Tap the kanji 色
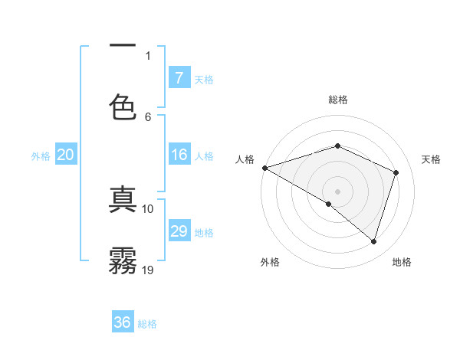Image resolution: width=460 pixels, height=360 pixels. click(x=123, y=107)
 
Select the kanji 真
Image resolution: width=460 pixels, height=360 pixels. click(x=123, y=201)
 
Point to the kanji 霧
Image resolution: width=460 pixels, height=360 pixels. click(x=123, y=260)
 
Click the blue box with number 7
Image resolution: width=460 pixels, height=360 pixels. click(x=179, y=78)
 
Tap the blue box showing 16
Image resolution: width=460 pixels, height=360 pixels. click(x=179, y=155)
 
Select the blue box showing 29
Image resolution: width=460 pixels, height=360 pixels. click(x=179, y=231)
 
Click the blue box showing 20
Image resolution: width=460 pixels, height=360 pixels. click(x=65, y=155)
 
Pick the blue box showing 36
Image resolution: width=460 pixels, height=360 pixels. click(x=123, y=322)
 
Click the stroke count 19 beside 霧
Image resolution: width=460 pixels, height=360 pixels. click(x=148, y=270)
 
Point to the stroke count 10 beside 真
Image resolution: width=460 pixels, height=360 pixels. click(x=148, y=208)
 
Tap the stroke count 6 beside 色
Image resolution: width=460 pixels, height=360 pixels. click(x=148, y=116)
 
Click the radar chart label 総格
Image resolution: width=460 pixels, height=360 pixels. click(x=338, y=100)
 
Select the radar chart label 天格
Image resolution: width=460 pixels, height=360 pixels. click(x=432, y=159)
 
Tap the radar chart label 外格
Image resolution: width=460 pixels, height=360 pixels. click(x=270, y=262)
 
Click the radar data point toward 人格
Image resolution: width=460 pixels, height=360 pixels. click(x=264, y=168)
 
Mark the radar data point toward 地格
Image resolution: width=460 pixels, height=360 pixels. click(x=374, y=242)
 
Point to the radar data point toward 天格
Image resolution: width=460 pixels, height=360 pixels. click(x=396, y=172)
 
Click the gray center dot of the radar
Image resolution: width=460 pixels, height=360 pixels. click(x=337, y=191)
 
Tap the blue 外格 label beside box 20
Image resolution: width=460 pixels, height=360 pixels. click(x=41, y=155)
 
